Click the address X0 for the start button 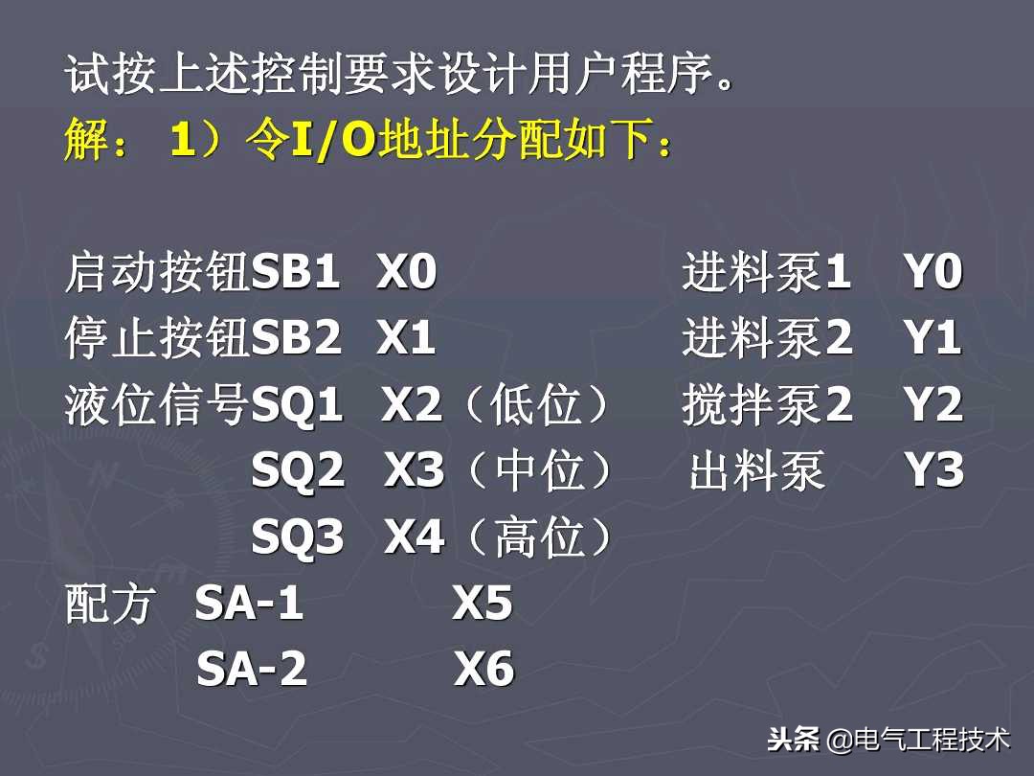407,274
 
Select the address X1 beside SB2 406,339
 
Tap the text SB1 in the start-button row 296,274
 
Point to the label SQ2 298,471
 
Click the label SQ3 298,538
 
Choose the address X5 483,604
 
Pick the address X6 484,670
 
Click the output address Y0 933,274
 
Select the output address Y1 933,339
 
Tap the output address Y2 933,406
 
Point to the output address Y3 934,471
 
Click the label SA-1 250,604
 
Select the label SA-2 252,670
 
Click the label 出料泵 757,472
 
